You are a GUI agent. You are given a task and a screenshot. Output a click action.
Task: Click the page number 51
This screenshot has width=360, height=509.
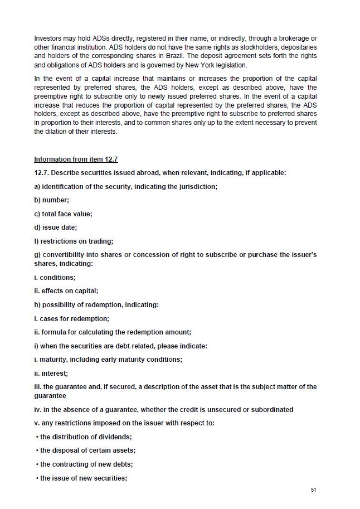coord(313,490)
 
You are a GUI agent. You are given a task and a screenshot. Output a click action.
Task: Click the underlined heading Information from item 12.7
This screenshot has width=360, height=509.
coord(76,159)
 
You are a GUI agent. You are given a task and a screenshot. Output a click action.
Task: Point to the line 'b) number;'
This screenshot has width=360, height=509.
coord(52,200)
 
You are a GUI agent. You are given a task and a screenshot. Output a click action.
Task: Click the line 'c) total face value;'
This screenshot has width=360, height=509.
coord(63,214)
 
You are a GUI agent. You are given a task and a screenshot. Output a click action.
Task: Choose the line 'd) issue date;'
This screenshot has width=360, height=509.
coord(56,227)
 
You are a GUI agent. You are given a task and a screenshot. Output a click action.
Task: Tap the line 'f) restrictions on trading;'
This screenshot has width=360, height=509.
coord(74,241)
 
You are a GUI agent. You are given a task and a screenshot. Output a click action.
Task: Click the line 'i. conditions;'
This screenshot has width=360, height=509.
coord(55,277)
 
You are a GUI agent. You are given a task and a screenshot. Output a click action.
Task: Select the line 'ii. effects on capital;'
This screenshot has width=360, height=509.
coord(66,290)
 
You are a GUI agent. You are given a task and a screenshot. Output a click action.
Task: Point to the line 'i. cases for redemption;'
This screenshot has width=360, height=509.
coord(71,319)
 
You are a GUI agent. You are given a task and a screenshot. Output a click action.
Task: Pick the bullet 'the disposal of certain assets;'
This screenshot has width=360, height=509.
coord(87,450)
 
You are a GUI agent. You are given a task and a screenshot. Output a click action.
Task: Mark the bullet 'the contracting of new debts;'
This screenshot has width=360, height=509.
coord(86,464)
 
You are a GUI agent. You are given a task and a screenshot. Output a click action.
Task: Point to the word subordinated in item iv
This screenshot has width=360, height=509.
coord(267,410)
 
